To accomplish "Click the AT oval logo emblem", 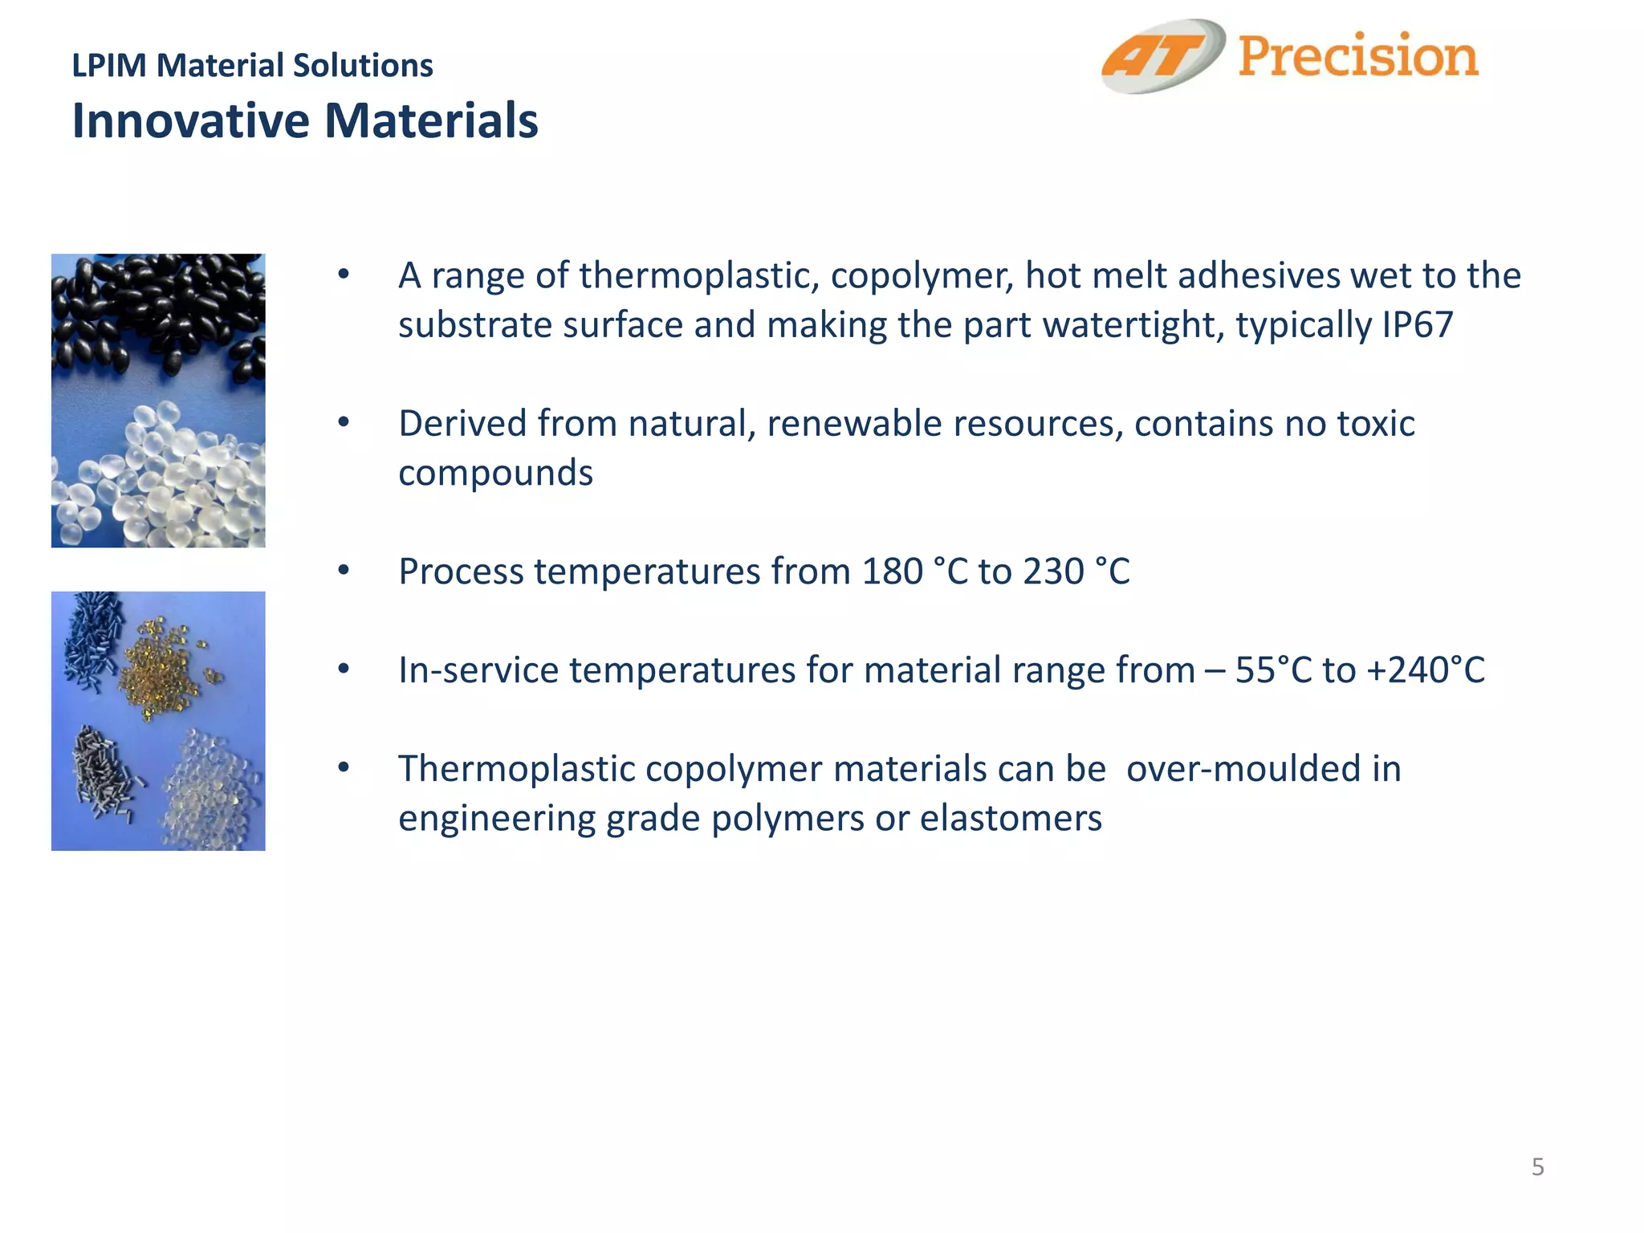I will click(1162, 56).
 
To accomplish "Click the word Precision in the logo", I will click(1357, 56).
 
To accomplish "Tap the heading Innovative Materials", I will click(305, 120).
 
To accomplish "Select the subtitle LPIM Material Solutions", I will click(252, 65).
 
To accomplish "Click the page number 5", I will click(1537, 1166).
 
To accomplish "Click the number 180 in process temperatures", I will click(892, 572).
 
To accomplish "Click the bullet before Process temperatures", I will click(344, 571).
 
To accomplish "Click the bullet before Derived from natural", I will click(344, 423).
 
